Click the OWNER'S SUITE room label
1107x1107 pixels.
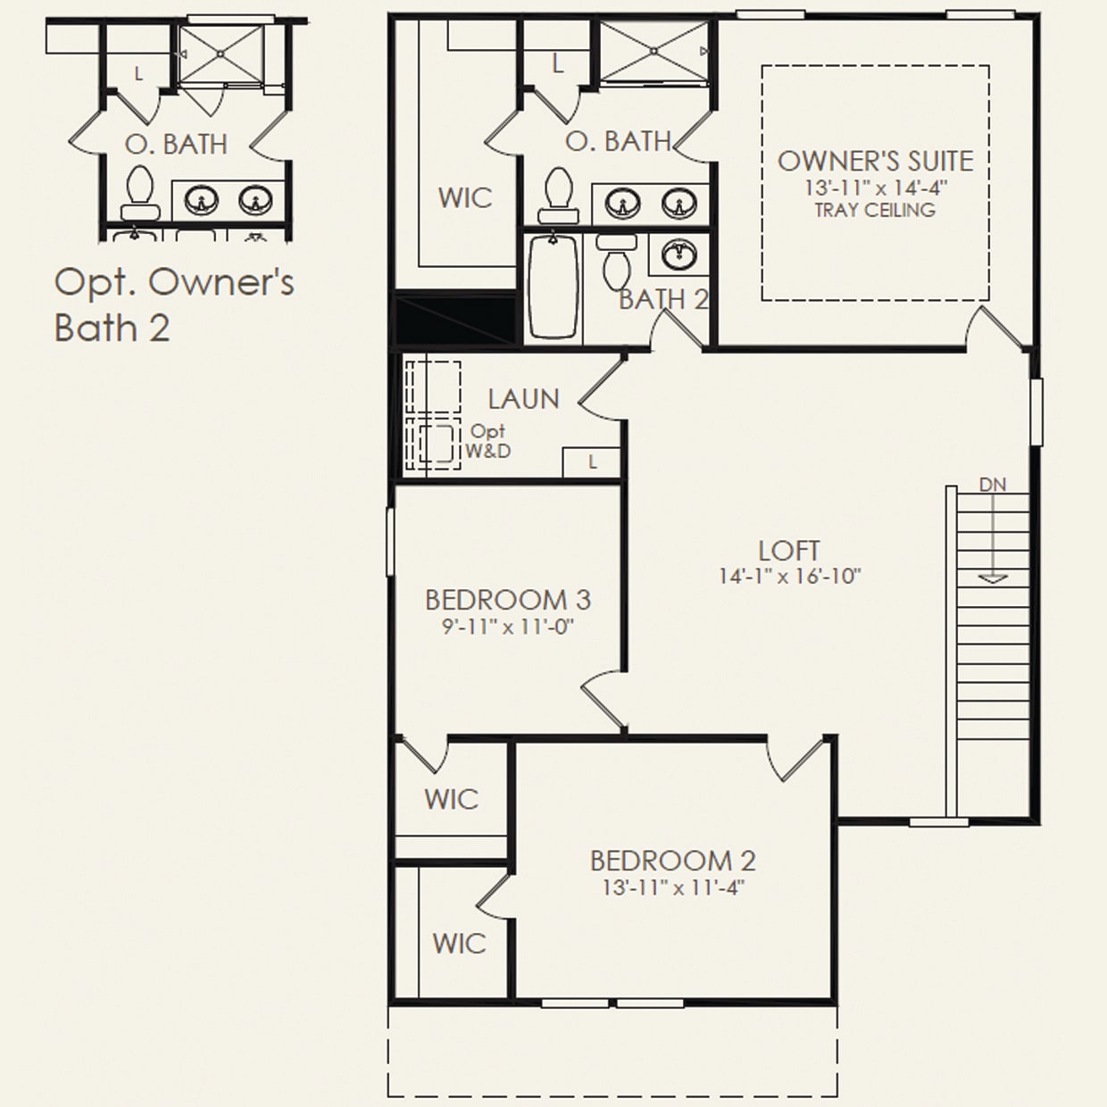point(875,161)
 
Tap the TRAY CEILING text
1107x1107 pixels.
point(875,211)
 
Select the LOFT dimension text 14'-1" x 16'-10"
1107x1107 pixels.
point(789,577)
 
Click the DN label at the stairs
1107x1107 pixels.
point(992,485)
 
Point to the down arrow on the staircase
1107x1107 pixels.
point(992,576)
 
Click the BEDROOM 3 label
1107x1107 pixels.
point(507,599)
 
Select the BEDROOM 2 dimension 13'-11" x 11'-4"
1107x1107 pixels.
point(673,888)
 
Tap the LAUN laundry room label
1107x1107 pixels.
point(523,399)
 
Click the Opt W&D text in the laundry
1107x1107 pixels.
point(488,442)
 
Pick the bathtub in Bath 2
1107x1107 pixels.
point(553,288)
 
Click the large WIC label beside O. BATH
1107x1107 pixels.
point(464,197)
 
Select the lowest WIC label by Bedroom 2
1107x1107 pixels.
point(459,943)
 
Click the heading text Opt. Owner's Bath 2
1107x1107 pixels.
point(173,304)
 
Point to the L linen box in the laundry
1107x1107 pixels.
point(592,462)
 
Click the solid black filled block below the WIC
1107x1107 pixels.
point(455,320)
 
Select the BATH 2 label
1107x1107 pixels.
point(663,299)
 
